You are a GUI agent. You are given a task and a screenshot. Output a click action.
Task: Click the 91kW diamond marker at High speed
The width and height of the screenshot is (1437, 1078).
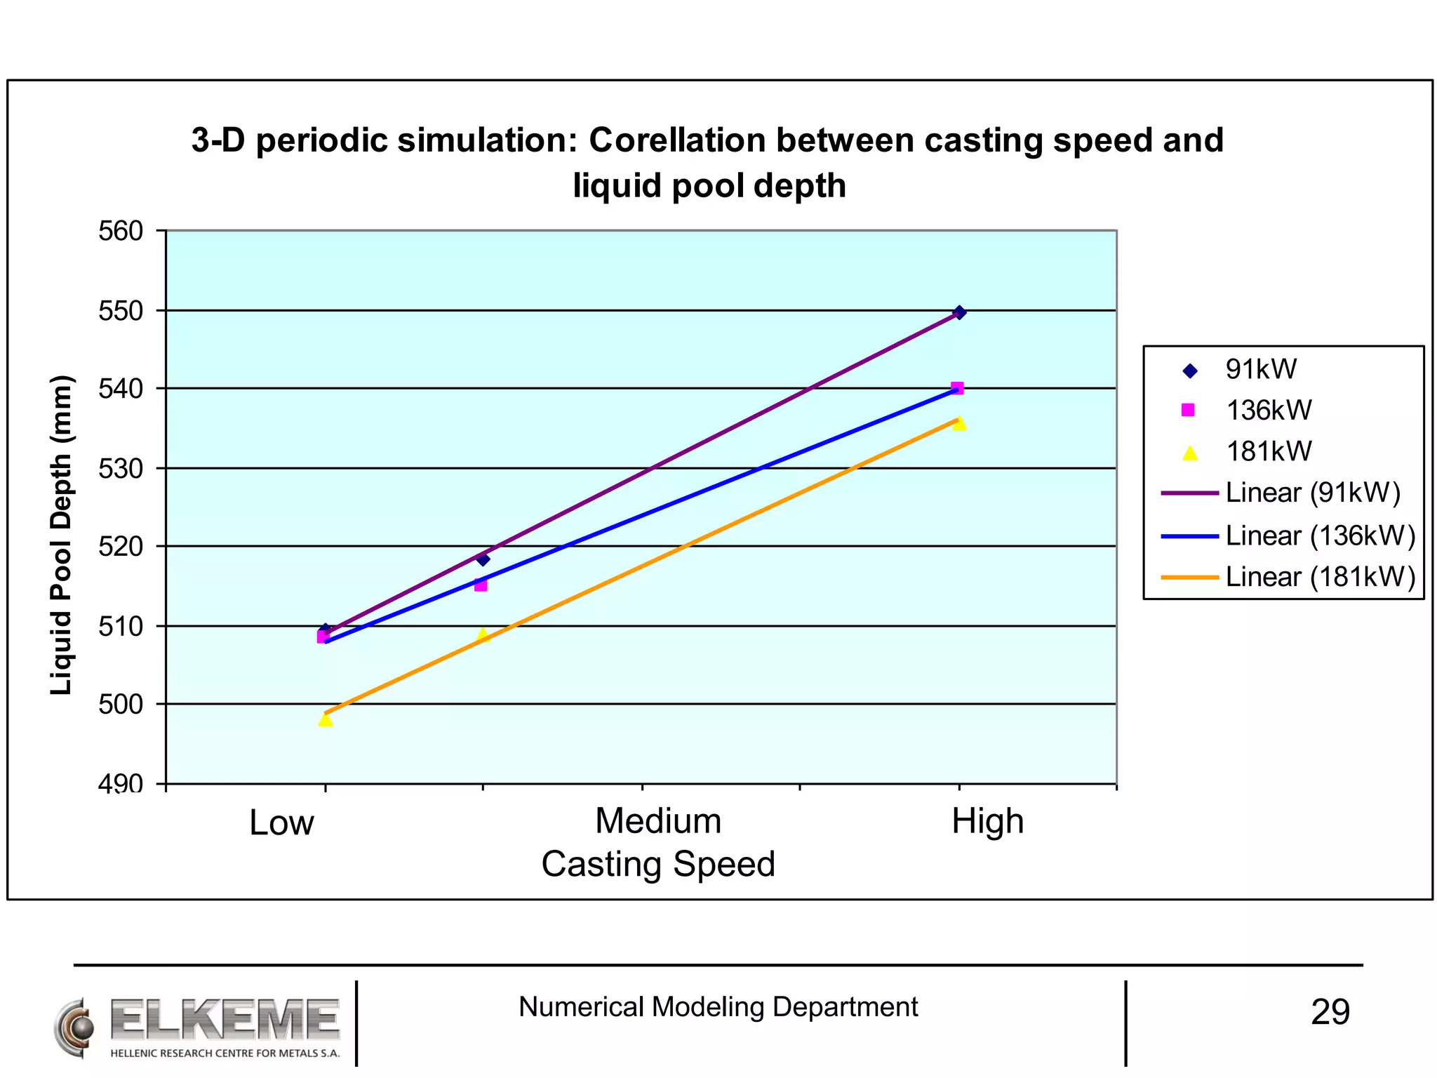pos(959,312)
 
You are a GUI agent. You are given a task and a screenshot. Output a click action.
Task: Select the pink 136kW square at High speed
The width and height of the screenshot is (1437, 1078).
pos(957,388)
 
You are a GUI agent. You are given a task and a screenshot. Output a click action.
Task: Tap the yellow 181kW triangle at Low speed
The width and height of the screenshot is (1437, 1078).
pos(325,719)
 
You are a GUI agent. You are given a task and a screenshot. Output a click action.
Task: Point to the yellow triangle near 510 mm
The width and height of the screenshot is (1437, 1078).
pos(483,635)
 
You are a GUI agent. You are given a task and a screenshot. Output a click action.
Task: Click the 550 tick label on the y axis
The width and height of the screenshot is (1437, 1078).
pos(121,310)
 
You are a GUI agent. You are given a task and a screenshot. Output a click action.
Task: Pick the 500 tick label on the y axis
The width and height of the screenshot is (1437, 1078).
pos(121,703)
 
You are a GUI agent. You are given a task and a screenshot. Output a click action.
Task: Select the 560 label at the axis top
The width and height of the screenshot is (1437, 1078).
pos(121,231)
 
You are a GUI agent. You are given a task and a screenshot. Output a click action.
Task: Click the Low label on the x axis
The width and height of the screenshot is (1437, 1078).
pos(281,822)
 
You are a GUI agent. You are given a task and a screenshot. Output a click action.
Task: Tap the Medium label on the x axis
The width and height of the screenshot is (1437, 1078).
pos(658,820)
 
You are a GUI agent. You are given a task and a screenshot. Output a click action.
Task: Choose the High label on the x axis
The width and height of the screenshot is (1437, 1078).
pos(987,820)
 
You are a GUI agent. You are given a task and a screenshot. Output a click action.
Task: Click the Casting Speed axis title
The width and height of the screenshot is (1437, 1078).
pos(658,863)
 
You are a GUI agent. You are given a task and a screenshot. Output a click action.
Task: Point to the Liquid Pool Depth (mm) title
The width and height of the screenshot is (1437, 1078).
pos(61,535)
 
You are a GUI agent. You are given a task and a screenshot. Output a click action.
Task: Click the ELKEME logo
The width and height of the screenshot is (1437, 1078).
pos(198,1028)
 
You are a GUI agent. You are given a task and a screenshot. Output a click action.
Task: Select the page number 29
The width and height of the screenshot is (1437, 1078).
pos(1330,1012)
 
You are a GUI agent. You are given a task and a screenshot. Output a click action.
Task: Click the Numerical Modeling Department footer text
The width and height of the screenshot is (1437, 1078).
pos(718,1007)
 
